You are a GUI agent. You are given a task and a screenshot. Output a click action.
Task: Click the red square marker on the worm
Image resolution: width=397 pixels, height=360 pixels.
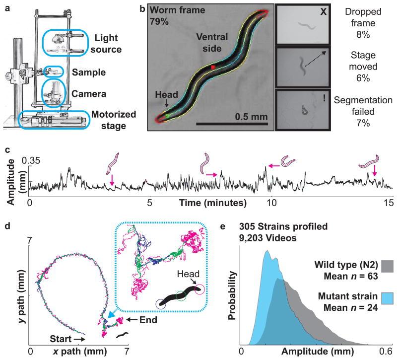click(x=212, y=67)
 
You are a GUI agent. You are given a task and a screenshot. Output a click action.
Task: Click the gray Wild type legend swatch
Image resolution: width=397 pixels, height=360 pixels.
click(x=386, y=266)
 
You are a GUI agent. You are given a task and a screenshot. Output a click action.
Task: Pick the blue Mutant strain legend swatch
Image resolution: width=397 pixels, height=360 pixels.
click(x=386, y=301)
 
